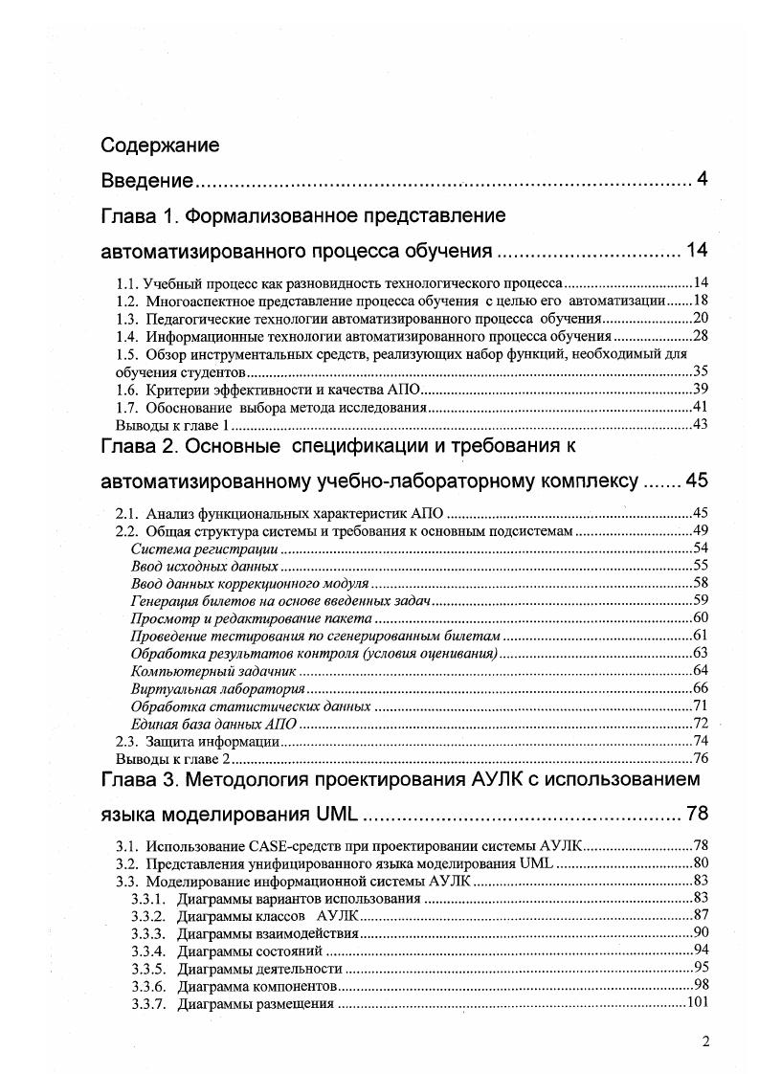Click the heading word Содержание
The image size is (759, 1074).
[160, 145]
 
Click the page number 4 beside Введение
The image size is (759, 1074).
[703, 180]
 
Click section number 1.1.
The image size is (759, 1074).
[126, 284]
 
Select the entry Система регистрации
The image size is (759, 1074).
[204, 549]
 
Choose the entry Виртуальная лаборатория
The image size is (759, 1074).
[217, 688]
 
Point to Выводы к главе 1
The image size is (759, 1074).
[172, 424]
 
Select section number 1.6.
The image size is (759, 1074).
[126, 389]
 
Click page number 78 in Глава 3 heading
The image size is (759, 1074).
[697, 815]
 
